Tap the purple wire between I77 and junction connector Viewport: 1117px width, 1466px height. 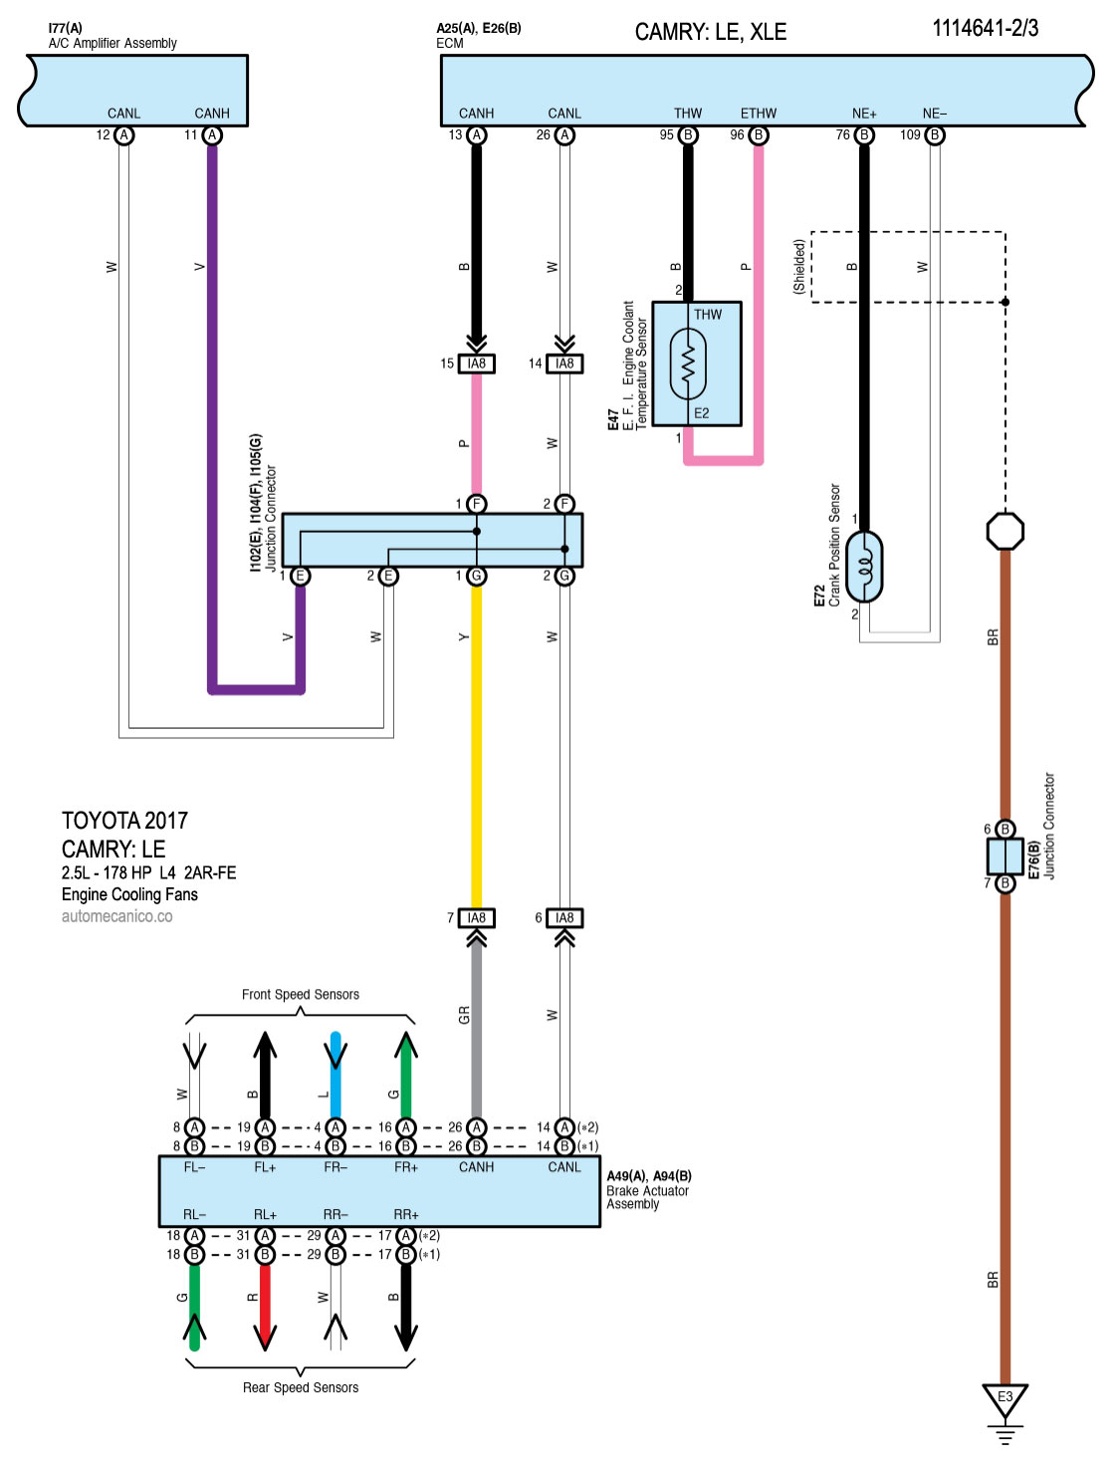point(212,398)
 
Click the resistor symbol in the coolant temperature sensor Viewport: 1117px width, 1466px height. point(688,365)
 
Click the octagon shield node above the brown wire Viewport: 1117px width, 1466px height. point(1005,531)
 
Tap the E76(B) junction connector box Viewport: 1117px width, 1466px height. point(1005,855)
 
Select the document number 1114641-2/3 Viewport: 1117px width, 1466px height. point(985,29)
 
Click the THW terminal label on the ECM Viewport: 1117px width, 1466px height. point(688,114)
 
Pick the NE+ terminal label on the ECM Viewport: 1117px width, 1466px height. point(864,114)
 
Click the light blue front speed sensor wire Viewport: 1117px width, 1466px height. point(335,1076)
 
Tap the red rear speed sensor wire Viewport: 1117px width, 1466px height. point(265,1300)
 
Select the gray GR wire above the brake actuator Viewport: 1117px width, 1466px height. point(476,1026)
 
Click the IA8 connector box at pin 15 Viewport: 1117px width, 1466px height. point(477,364)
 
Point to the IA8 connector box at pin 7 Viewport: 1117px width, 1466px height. point(477,917)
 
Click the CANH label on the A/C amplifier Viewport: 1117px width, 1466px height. point(212,114)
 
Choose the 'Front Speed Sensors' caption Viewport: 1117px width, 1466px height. point(301,994)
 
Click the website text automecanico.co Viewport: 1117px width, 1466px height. point(116,916)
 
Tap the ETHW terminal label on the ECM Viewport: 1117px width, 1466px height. point(759,114)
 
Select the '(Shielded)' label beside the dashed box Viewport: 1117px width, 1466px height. point(798,266)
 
